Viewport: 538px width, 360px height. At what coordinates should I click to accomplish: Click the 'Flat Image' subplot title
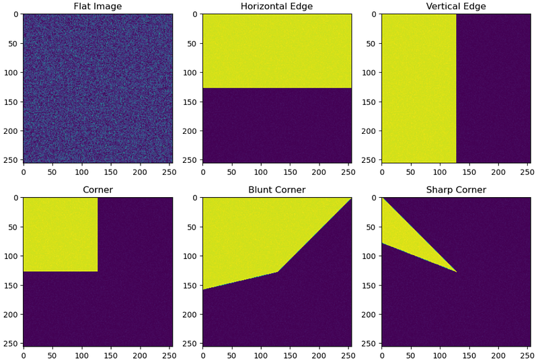click(98, 6)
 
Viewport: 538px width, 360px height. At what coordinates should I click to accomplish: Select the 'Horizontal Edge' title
click(277, 6)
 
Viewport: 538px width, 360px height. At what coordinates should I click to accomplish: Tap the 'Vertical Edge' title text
click(456, 6)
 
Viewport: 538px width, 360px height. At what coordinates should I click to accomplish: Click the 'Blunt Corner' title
click(277, 190)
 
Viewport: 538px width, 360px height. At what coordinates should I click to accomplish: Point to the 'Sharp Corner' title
click(456, 190)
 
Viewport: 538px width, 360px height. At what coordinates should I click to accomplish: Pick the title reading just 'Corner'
click(98, 190)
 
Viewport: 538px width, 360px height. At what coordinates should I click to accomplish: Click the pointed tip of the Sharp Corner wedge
click(457, 272)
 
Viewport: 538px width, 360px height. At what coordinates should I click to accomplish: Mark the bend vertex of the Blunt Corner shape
click(277, 272)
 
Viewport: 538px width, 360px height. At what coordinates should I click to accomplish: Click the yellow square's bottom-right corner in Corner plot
click(98, 271)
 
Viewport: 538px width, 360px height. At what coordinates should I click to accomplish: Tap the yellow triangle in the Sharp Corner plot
click(405, 244)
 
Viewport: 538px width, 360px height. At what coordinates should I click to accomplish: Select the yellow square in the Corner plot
click(61, 234)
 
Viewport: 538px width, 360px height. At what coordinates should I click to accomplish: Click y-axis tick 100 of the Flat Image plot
click(11, 73)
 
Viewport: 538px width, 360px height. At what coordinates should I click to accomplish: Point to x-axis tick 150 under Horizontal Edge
click(290, 172)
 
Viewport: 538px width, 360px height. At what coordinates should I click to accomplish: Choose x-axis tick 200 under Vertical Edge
click(498, 172)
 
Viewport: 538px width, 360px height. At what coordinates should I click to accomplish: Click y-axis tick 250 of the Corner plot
click(11, 344)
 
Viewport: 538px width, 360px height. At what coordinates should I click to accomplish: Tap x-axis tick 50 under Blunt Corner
click(231, 355)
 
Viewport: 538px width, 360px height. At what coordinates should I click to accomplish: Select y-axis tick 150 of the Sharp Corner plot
click(369, 285)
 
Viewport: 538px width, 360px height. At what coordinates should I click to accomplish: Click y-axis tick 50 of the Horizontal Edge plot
click(193, 44)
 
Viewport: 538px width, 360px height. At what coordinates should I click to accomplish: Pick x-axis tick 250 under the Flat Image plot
click(169, 172)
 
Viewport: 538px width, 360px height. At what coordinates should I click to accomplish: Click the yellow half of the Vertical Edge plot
click(419, 88)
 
